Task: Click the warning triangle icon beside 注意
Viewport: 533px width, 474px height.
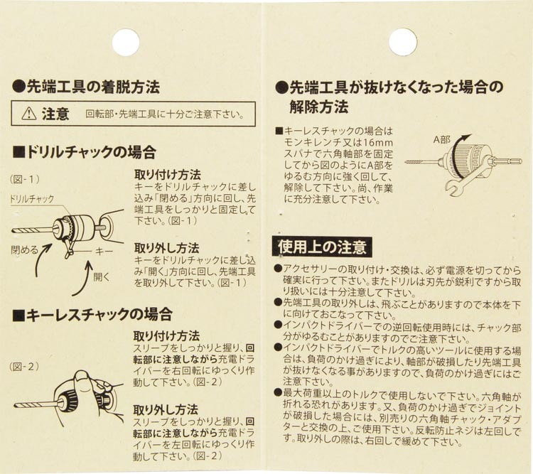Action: point(29,114)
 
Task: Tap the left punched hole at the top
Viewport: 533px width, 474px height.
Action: point(126,42)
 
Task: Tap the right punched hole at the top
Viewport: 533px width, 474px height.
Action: point(403,42)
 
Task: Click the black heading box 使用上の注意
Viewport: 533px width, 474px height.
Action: point(322,247)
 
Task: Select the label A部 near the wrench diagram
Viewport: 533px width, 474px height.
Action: point(441,139)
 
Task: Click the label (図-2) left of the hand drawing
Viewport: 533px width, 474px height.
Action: point(24,366)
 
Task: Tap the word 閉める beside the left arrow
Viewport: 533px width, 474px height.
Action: point(25,250)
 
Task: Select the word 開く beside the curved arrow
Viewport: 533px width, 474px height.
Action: point(102,277)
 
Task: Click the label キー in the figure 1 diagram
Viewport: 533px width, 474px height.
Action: point(104,252)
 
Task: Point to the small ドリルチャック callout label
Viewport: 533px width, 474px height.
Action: point(31,199)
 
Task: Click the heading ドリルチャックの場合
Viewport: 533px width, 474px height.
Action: point(85,152)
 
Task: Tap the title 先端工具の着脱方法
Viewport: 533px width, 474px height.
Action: point(86,87)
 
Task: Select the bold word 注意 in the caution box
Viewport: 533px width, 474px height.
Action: point(55,114)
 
